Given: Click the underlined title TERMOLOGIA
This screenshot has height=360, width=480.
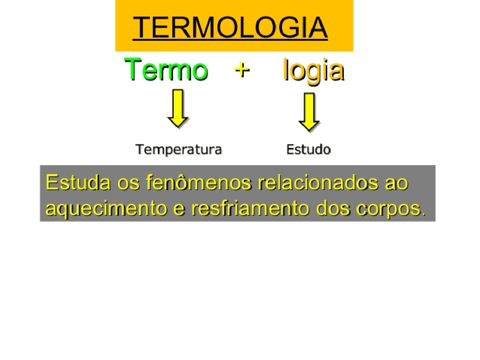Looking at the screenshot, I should [230, 27].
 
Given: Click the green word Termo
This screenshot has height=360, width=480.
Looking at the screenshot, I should [166, 70].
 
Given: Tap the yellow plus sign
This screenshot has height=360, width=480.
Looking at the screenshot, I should [242, 69].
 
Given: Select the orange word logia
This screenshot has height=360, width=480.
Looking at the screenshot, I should [313, 70].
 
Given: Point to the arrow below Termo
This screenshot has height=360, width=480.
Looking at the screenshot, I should [178, 108].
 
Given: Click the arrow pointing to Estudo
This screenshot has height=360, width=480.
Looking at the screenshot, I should [309, 112].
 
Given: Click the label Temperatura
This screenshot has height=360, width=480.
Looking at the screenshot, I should [178, 149].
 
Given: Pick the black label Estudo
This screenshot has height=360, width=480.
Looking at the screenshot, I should [308, 149].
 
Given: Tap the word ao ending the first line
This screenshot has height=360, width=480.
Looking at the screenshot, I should [396, 183].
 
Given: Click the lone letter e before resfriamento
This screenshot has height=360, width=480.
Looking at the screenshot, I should [179, 209].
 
